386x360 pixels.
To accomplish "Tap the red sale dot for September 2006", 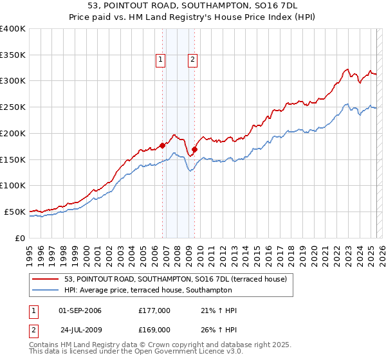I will [x=162, y=145].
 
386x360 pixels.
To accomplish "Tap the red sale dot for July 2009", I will [x=194, y=149].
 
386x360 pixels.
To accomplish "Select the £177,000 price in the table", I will [x=154, y=310].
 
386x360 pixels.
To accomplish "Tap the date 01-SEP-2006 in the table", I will [x=80, y=310].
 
